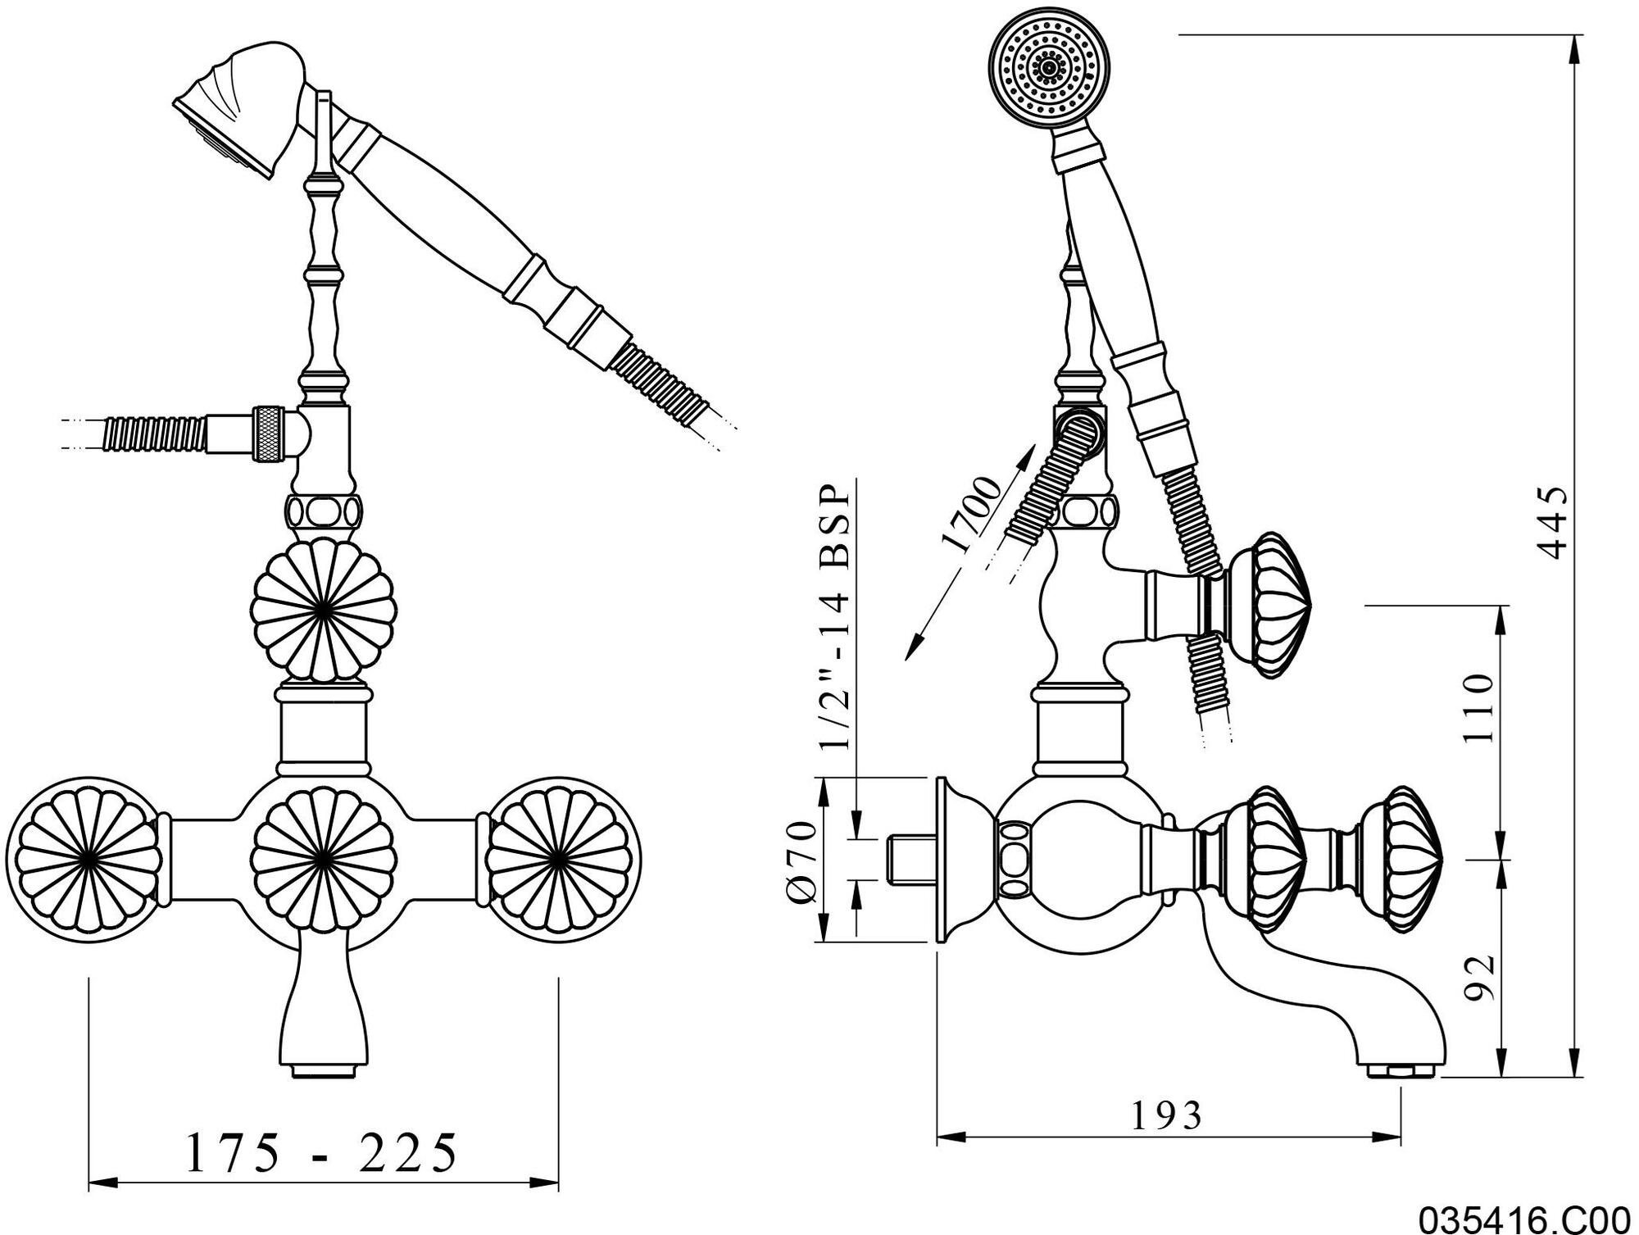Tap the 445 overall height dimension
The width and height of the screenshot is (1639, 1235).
point(1550,523)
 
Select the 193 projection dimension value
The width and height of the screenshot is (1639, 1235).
point(1167,1115)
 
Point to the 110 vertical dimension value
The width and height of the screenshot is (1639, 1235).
point(1479,707)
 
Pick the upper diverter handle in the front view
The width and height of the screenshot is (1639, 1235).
point(323,611)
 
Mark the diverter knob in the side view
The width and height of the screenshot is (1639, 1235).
point(1266,606)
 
